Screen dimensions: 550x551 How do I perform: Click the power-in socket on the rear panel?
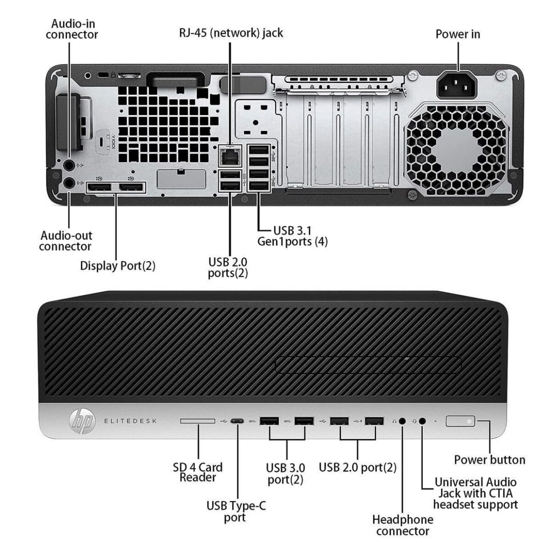457,85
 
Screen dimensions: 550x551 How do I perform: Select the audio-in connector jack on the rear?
68,164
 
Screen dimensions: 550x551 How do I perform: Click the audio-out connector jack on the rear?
68,182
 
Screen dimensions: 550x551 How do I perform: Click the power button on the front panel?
461,421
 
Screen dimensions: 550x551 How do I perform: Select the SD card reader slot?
197,421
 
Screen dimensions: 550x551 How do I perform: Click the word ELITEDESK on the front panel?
130,421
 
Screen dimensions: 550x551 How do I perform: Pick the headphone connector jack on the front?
403,421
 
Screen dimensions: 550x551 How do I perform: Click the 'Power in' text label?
457,34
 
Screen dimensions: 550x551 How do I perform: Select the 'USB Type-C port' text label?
236,511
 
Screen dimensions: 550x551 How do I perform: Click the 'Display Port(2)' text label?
118,266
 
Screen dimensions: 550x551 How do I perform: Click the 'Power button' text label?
489,460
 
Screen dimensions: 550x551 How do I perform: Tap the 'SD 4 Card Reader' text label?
197,472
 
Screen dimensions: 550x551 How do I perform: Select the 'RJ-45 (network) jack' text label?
231,33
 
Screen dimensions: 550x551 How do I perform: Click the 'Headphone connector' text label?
402,525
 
